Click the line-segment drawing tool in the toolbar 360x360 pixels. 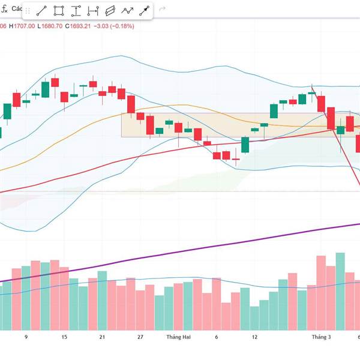tap(41, 11)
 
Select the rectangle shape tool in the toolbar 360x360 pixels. tap(59, 11)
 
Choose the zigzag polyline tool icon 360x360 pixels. tap(127, 11)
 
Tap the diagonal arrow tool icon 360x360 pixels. tap(145, 11)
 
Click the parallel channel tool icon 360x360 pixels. tap(110, 11)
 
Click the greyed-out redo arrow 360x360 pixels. tap(161, 11)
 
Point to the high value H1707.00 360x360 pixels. tap(22, 26)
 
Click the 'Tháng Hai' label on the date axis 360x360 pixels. tap(178, 338)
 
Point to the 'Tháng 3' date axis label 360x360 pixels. tap(321, 338)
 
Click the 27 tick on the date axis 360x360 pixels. tap(140, 338)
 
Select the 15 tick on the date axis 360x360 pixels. tap(64, 338)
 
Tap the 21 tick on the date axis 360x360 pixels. tap(102, 338)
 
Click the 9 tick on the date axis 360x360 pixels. tap(26, 338)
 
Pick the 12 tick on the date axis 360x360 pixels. tap(254, 338)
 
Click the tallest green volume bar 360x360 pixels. tap(340, 291)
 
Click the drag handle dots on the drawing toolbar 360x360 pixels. tap(27, 11)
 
